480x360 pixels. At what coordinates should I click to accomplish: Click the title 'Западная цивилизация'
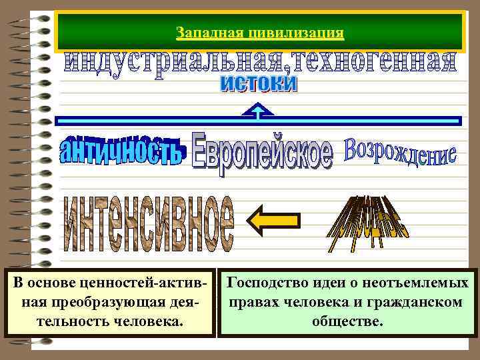(x=260, y=32)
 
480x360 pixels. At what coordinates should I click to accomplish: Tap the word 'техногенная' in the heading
(x=363, y=65)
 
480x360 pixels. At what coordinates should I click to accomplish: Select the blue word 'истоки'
(x=258, y=84)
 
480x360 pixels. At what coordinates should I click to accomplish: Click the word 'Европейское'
(x=261, y=152)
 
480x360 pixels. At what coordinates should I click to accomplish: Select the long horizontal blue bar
(x=258, y=121)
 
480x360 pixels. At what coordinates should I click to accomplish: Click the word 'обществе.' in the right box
(x=347, y=321)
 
